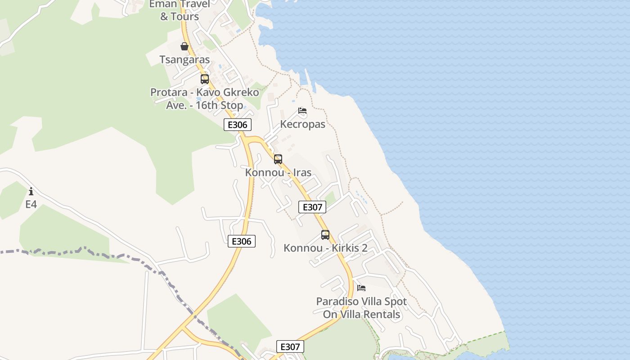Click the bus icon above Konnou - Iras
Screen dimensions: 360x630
click(278, 159)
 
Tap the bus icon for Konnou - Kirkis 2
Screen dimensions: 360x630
click(325, 234)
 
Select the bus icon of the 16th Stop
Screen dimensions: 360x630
click(205, 79)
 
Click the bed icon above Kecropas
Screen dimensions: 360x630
click(302, 111)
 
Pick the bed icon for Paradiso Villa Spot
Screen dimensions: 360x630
click(361, 288)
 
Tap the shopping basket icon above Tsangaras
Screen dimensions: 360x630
click(184, 46)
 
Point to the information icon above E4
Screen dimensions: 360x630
click(31, 191)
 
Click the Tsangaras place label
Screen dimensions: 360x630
click(184, 60)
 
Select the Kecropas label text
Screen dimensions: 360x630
click(302, 124)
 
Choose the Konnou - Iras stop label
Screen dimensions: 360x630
click(278, 172)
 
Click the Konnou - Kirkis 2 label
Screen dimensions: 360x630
click(325, 248)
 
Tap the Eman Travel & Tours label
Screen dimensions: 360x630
click(180, 10)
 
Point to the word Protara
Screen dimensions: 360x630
click(168, 93)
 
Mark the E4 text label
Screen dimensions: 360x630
click(31, 204)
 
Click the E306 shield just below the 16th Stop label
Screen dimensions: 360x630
click(237, 125)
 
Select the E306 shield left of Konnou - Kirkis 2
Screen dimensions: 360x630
click(242, 241)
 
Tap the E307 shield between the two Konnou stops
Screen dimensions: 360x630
click(312, 207)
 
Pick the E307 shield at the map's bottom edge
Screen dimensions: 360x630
click(290, 346)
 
